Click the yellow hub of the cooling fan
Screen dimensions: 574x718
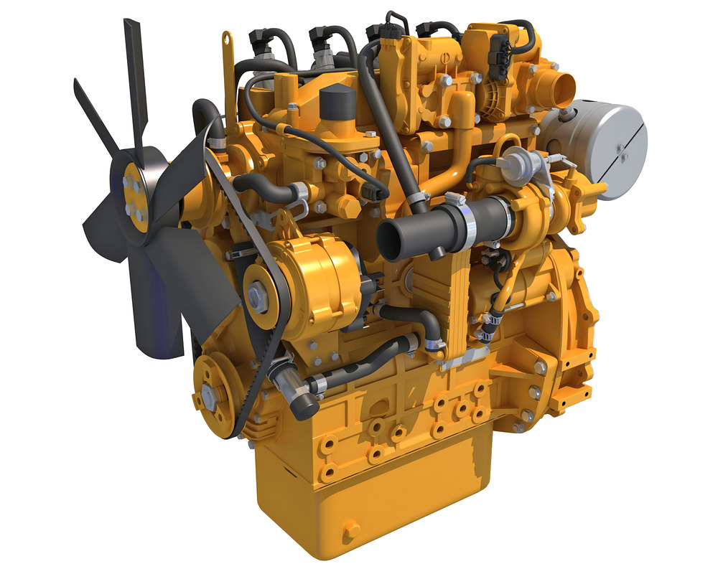[134, 196]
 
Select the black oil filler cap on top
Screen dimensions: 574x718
[335, 104]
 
